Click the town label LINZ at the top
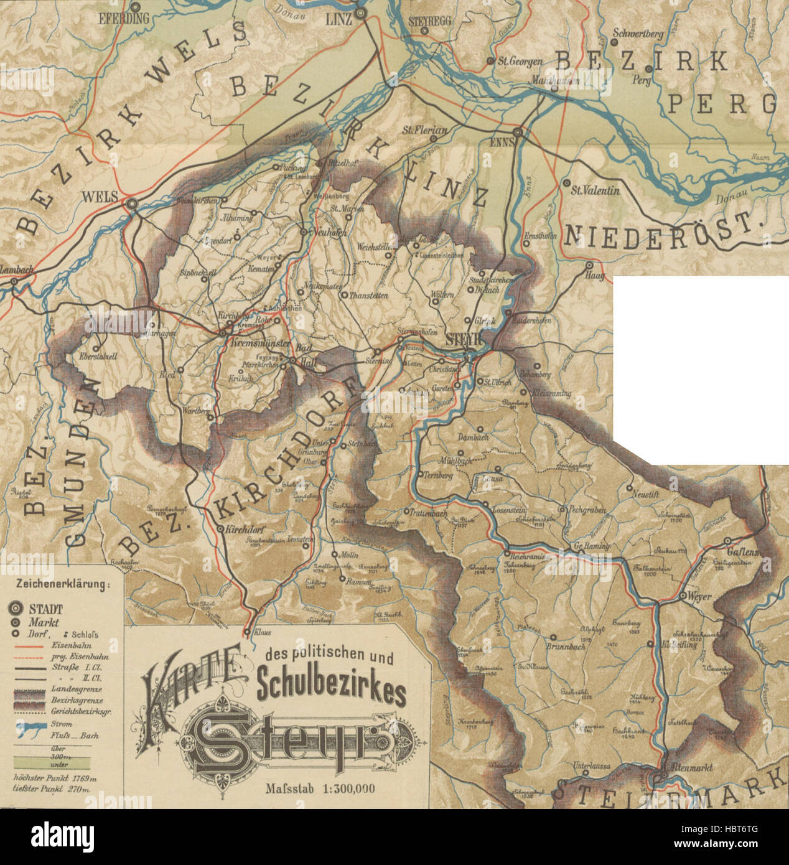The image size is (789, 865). pyautogui.click(x=339, y=19)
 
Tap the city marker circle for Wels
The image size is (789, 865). pyautogui.click(x=131, y=203)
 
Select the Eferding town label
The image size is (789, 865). pyautogui.click(x=124, y=19)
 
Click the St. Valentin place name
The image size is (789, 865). pyautogui.click(x=596, y=191)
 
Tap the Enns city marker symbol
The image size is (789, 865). pyautogui.click(x=518, y=132)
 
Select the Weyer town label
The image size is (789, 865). pyautogui.click(x=699, y=596)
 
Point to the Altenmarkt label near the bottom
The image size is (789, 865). pyautogui.click(x=688, y=767)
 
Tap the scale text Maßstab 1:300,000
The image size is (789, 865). pyautogui.click(x=320, y=788)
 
